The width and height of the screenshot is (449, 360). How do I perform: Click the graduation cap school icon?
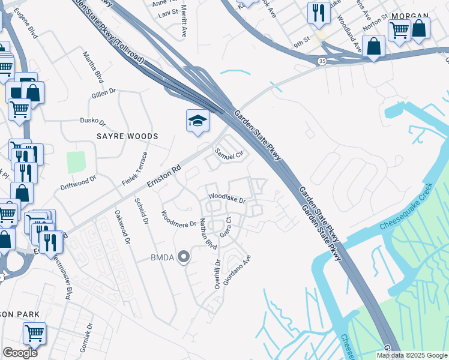[x=197, y=121]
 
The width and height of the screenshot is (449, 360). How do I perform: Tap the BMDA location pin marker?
[x=184, y=257]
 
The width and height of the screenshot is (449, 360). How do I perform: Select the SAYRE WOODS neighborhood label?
[x=127, y=136]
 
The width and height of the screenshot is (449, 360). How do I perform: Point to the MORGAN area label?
[x=409, y=16]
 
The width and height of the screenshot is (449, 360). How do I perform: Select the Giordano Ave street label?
[x=236, y=269]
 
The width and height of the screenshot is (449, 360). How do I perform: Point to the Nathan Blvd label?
[x=208, y=234]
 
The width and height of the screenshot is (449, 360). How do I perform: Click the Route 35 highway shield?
[x=322, y=61]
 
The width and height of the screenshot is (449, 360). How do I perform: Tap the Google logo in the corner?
[x=20, y=353]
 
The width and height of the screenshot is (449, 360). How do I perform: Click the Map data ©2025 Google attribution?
[x=412, y=355]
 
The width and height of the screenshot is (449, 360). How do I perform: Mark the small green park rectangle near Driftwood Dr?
[x=76, y=162]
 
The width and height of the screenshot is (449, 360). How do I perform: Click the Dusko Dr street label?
[x=93, y=121]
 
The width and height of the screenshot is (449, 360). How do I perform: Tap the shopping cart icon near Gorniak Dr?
[x=34, y=333]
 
